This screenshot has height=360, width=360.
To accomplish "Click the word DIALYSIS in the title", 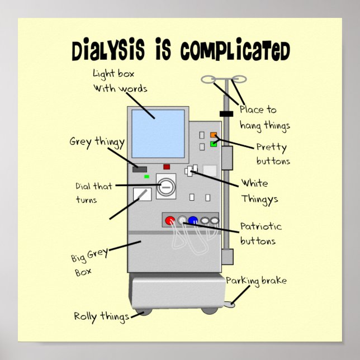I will pyautogui.click(x=110, y=50).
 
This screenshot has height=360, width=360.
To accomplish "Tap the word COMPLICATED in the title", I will pyautogui.click(x=235, y=51).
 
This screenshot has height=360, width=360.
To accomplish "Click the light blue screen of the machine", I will pyautogui.click(x=158, y=134).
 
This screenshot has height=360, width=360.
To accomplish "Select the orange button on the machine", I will pyautogui.click(x=213, y=135).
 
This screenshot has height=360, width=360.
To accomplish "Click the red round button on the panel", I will pyautogui.click(x=169, y=220).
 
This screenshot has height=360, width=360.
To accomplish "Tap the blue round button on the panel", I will pyautogui.click(x=193, y=220).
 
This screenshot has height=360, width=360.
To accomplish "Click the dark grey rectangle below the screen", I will pyautogui.click(x=140, y=169).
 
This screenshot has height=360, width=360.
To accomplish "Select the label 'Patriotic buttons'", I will pyautogui.click(x=260, y=234).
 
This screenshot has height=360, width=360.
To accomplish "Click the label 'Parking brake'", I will pyautogui.click(x=256, y=281).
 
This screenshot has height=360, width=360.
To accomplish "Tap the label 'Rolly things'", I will pyautogui.click(x=101, y=316).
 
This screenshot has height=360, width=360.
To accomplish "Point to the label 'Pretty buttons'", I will pyautogui.click(x=272, y=154).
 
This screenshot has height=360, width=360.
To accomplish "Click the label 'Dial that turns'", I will pyautogui.click(x=93, y=192).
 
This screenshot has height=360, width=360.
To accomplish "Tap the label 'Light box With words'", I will pyautogui.click(x=120, y=80).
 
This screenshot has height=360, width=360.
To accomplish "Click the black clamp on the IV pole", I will pyautogui.click(x=226, y=114).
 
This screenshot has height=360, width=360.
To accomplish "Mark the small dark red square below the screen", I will pyautogui.click(x=167, y=167).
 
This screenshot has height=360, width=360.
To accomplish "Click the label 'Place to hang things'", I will pyautogui.click(x=264, y=117).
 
